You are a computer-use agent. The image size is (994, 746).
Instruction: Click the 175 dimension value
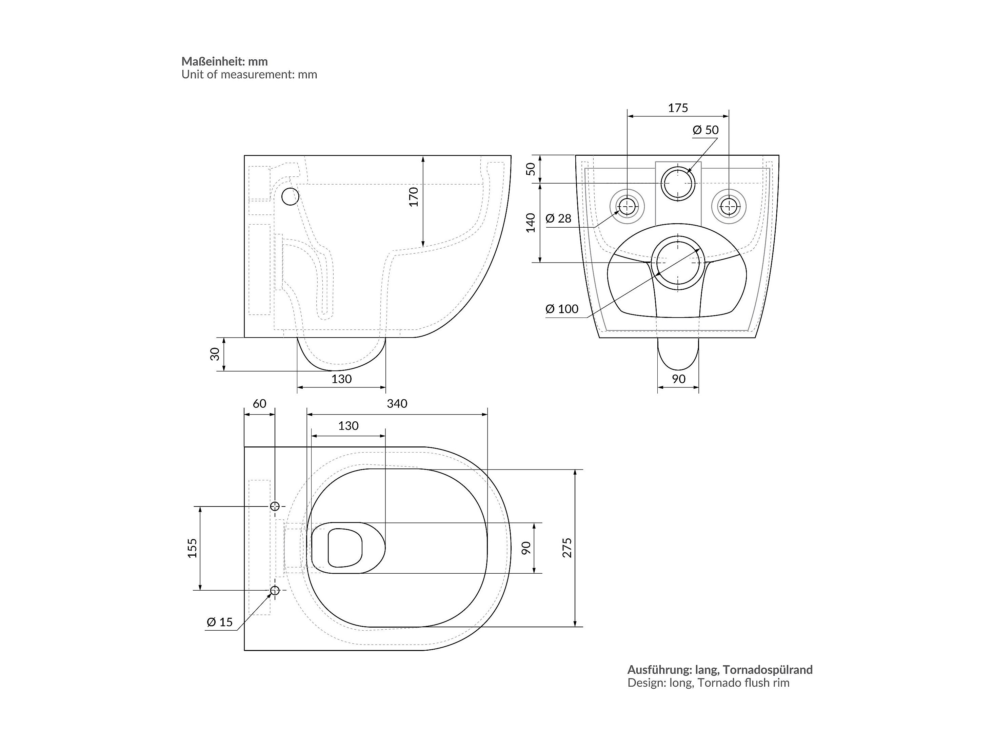[x=678, y=108]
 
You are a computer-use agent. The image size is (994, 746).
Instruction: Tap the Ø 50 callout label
[x=705, y=130]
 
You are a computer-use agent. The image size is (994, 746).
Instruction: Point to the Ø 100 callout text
[x=562, y=309]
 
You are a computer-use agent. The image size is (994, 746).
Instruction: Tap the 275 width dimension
[x=567, y=548]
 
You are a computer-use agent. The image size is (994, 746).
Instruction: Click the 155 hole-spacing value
[x=192, y=548]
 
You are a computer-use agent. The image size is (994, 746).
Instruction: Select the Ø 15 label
[x=220, y=622]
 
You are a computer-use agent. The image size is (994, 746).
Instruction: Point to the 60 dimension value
[x=259, y=404]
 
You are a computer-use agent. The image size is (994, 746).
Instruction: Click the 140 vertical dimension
[x=531, y=223]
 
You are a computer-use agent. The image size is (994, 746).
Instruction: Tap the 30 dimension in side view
[x=215, y=354]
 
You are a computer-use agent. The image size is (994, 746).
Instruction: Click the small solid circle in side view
[x=290, y=196]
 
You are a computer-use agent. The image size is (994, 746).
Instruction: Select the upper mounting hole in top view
[x=275, y=506]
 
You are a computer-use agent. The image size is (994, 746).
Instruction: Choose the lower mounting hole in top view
[x=275, y=590]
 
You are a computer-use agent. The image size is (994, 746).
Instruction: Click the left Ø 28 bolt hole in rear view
[x=627, y=207]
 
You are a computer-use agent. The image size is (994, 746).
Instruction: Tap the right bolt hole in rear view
[x=729, y=207]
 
